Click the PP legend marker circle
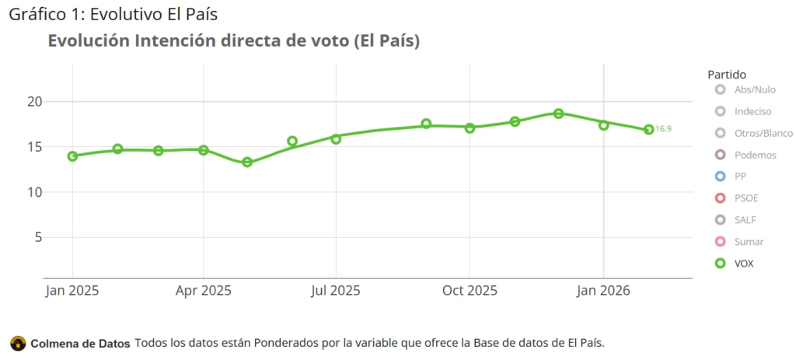pos(721,177)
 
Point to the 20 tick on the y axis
pos(33,102)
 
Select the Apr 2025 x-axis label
pos(203,291)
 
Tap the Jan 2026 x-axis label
pos(604,291)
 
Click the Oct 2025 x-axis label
pos(470,291)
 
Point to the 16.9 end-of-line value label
pos(663,129)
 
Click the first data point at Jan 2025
pos(72,156)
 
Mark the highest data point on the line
pos(558,114)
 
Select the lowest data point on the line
pos(247,163)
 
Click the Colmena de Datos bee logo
pos(17,343)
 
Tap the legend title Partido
pos(727,75)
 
